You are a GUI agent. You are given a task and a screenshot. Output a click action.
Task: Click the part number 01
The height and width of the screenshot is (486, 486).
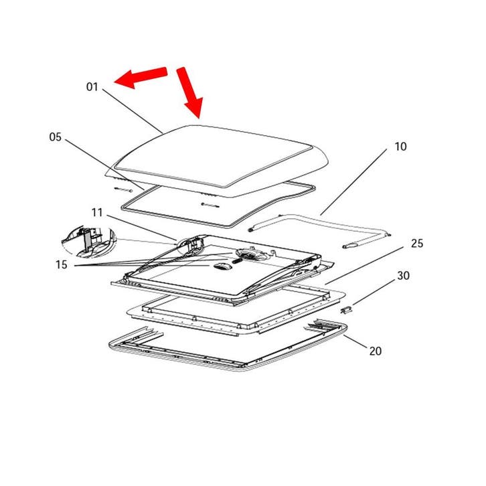(x=92, y=87)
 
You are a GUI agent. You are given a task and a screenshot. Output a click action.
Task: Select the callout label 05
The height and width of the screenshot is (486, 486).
(x=56, y=137)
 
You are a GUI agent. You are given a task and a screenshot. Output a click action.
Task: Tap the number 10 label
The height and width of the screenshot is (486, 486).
(x=400, y=147)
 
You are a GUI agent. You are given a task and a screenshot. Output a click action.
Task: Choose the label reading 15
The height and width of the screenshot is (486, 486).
(x=62, y=265)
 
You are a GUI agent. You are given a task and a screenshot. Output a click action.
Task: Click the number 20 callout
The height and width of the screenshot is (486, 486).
(x=376, y=351)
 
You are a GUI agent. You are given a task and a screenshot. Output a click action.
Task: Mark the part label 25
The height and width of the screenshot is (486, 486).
(x=416, y=243)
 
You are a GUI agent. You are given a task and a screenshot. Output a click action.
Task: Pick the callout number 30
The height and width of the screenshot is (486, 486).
(x=403, y=276)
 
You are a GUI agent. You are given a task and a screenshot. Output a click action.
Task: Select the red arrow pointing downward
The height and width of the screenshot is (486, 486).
(x=190, y=90)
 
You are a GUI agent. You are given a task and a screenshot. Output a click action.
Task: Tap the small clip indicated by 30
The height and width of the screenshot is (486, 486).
(x=347, y=310)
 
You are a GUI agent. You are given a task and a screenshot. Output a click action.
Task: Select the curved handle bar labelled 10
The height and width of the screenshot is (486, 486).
(x=315, y=221)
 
